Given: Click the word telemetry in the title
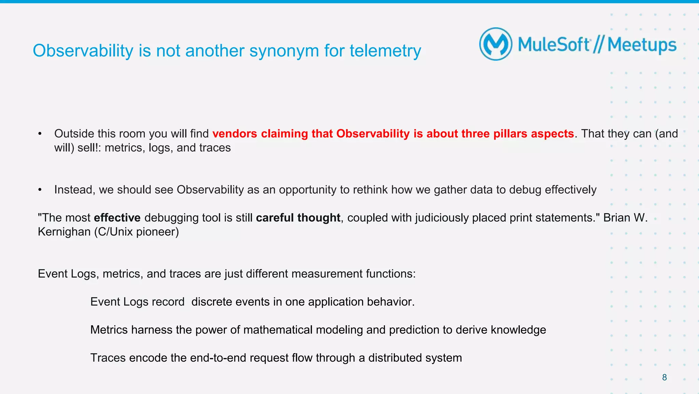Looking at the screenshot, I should pyautogui.click(x=385, y=51).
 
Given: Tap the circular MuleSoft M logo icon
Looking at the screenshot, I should pyautogui.click(x=496, y=44).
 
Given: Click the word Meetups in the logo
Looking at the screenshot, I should pyautogui.click(x=642, y=45).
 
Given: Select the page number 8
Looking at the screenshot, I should pyautogui.click(x=664, y=377).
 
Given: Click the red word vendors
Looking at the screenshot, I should pyautogui.click(x=234, y=134).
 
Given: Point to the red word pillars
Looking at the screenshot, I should pyautogui.click(x=510, y=134).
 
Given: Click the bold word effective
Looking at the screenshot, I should pyautogui.click(x=117, y=218).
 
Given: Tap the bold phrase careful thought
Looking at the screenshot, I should pyautogui.click(x=298, y=218).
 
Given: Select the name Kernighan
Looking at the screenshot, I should pyautogui.click(x=64, y=232).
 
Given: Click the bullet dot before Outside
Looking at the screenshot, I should pyautogui.click(x=40, y=134).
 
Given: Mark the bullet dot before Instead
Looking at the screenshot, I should pyautogui.click(x=40, y=190).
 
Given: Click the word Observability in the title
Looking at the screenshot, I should pyautogui.click(x=83, y=51).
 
